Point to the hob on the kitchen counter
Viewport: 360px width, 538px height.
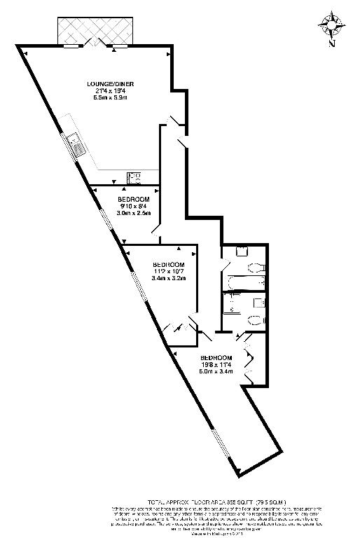click(133, 176)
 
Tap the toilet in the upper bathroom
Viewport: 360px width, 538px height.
click(256, 267)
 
